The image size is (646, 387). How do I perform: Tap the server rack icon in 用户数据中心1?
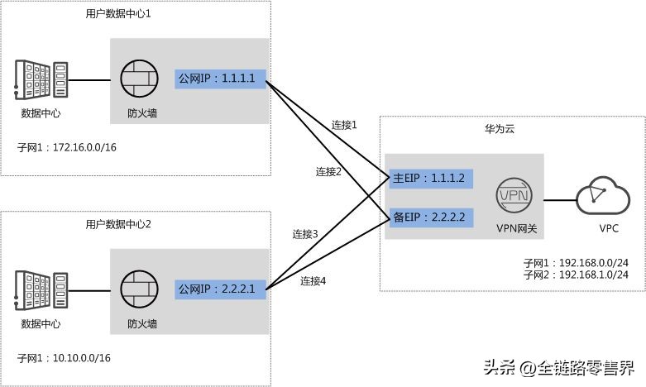40,81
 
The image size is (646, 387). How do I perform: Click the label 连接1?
343,126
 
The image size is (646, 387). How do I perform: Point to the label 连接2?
328,171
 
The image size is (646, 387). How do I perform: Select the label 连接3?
305,234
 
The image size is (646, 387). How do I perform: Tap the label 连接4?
313,280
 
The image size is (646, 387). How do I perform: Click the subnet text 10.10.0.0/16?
81,357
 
